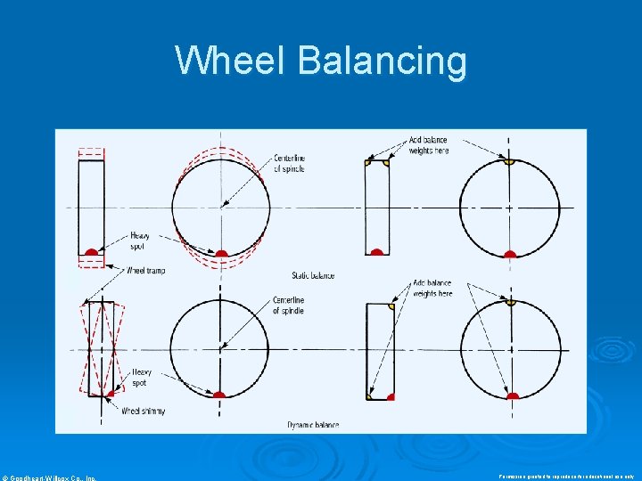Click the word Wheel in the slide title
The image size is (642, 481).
coord(231,61)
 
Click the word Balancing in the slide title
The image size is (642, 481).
coord(382,62)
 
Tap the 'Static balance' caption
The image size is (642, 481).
coord(313,275)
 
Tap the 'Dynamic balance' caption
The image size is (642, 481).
coord(313,425)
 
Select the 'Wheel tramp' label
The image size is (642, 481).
coord(145,270)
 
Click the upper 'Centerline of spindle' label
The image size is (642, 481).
coord(289,164)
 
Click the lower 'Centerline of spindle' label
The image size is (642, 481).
coord(288,306)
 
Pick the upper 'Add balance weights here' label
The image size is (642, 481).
coord(429,145)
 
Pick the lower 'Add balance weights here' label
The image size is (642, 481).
coord(432,289)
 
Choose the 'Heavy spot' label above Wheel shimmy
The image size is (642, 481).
coord(141,378)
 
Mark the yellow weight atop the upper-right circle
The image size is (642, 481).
coord(509,162)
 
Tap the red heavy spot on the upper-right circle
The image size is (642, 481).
coord(509,254)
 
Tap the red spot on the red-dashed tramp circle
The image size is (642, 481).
coord(221,254)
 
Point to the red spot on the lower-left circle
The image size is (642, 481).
coord(219,394)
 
